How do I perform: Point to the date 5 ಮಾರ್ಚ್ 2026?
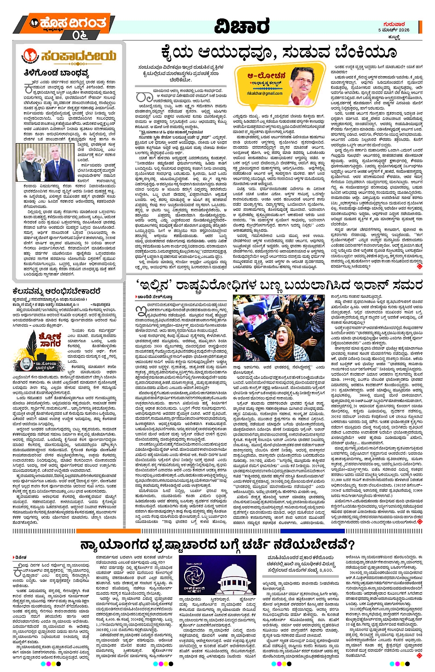[394, 30]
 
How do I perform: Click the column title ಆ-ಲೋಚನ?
[267, 75]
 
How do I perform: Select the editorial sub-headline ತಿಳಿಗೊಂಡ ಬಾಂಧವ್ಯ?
[56, 73]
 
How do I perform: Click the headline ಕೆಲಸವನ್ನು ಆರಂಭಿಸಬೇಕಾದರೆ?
[57, 291]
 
